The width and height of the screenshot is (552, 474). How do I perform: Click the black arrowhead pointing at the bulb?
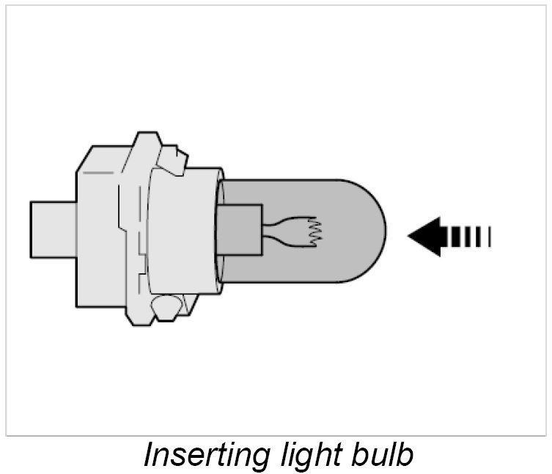tap(424, 236)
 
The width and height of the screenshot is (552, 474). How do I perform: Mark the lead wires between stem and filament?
tap(279, 229)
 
